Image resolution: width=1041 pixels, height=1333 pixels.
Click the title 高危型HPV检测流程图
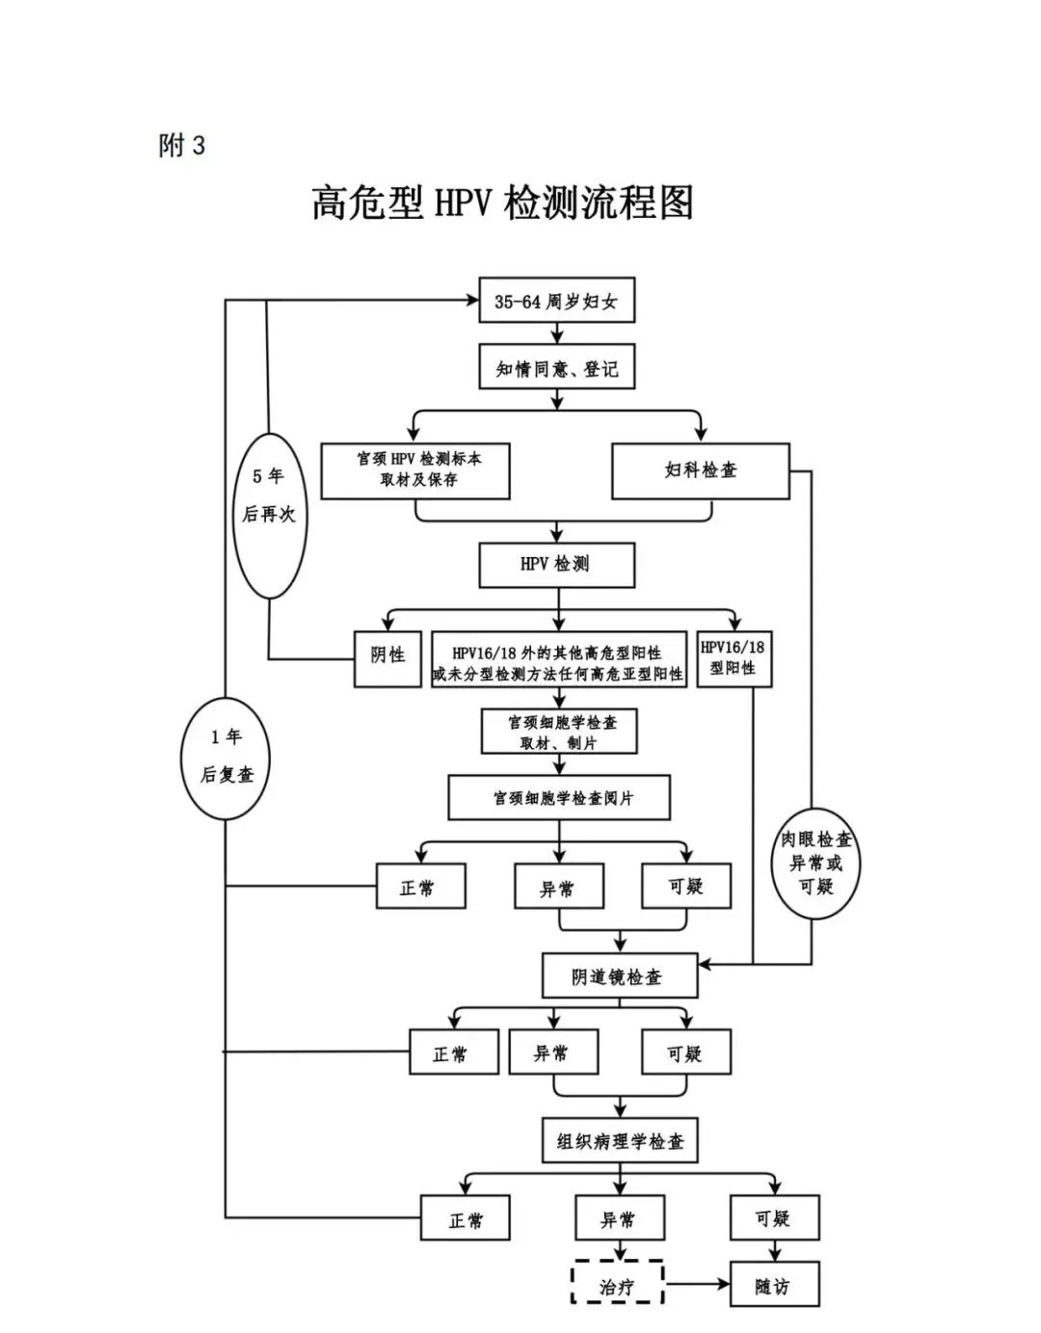[x=502, y=203]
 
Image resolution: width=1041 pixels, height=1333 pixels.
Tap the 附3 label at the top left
[x=182, y=146]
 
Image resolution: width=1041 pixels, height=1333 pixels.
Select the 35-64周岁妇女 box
[x=556, y=302]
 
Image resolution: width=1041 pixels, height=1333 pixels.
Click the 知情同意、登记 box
[x=556, y=368]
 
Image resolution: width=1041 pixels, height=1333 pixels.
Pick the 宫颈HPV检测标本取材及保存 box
[x=415, y=470]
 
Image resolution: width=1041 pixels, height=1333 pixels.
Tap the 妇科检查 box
[x=701, y=470]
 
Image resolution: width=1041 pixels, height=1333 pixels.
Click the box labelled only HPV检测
[x=556, y=565]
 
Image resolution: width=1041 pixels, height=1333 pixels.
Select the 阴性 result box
[x=387, y=658]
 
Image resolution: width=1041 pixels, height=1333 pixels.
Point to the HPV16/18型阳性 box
[x=734, y=658]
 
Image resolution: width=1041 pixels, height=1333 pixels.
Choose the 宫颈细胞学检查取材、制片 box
[x=559, y=732]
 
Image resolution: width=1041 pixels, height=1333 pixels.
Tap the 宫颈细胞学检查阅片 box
[x=559, y=798]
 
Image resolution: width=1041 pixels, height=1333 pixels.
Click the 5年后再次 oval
[x=269, y=516]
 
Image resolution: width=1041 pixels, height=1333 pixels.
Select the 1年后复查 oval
[x=226, y=758]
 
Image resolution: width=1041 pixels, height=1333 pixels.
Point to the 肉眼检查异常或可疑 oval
[x=815, y=863]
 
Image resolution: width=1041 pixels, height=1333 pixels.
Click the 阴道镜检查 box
[x=619, y=976]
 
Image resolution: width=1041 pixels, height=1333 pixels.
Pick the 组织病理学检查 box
[x=620, y=1141]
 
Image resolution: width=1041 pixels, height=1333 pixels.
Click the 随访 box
[x=773, y=1285]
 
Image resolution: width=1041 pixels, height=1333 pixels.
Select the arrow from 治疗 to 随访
[x=697, y=1284]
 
